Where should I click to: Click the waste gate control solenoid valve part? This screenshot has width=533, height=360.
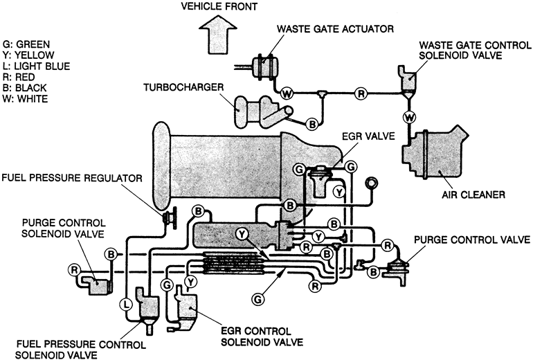407,80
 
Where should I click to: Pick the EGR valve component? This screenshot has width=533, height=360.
320,180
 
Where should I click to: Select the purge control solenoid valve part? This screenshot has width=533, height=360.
96,281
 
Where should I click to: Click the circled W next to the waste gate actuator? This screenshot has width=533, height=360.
287,91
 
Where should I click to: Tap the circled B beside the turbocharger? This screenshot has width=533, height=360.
312,123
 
